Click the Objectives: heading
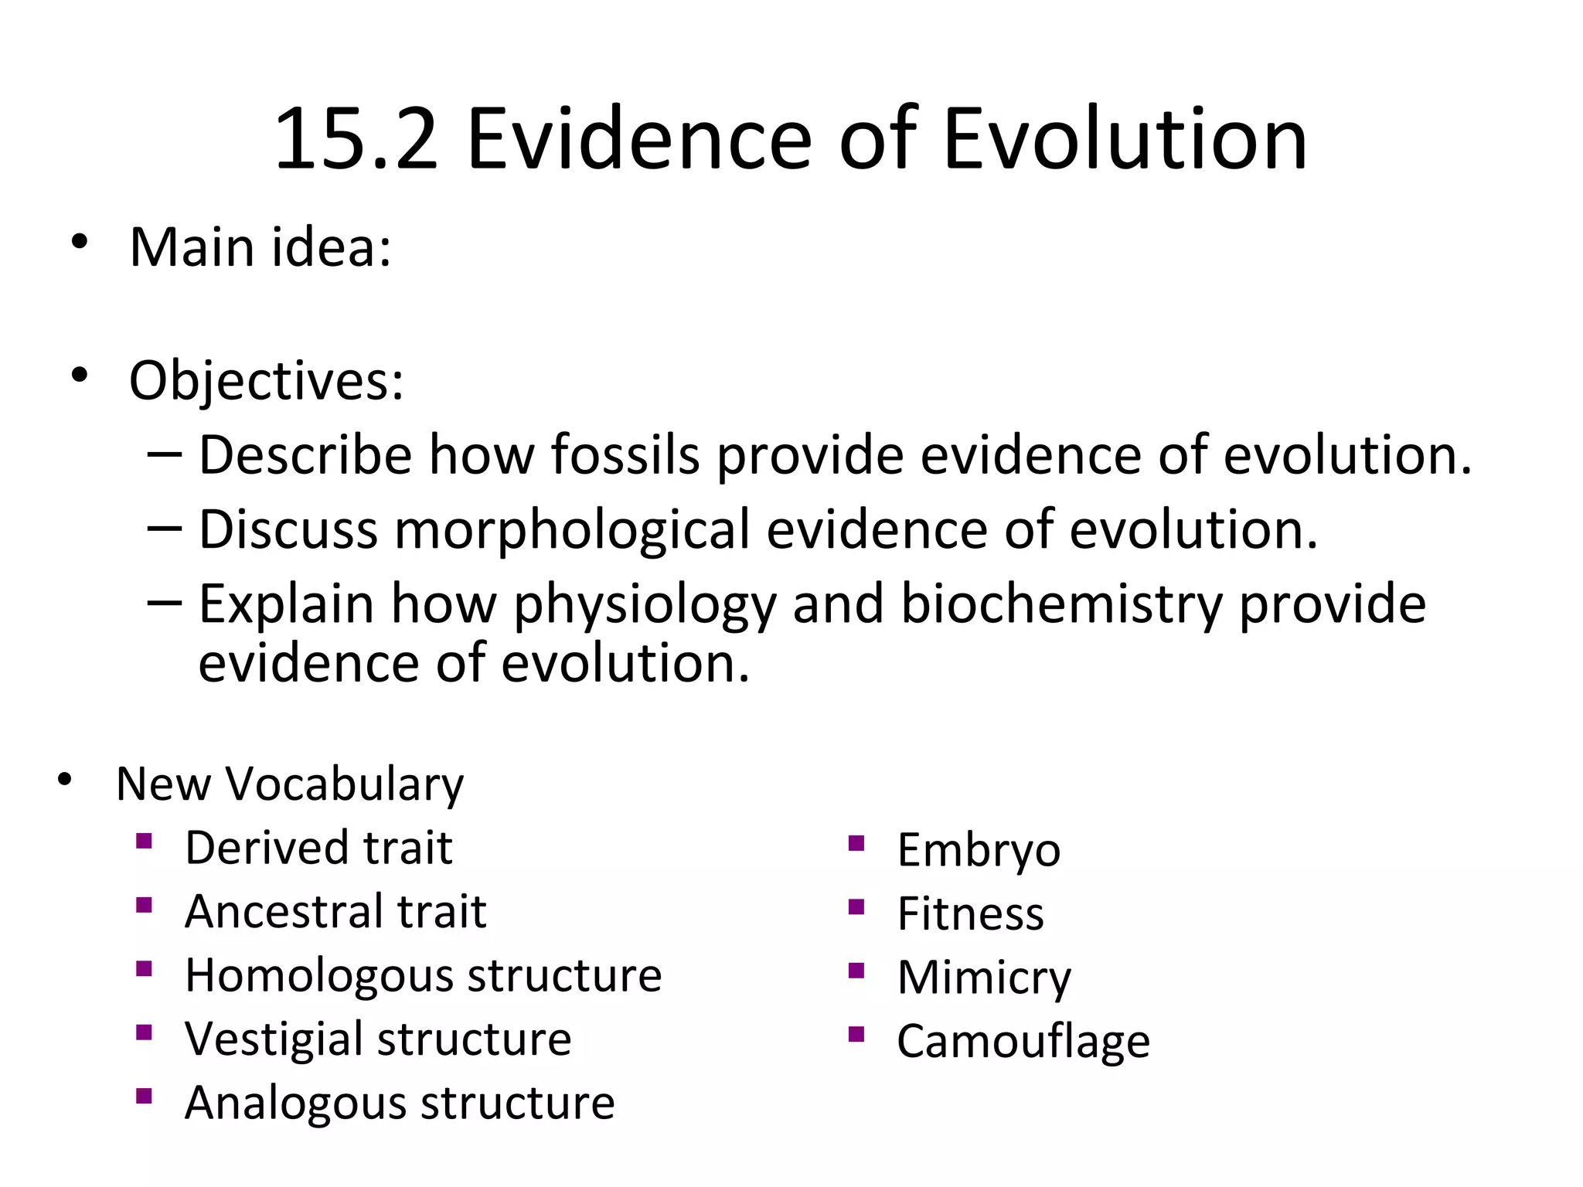266,381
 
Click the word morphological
572,530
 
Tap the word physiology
645,604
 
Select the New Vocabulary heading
290,784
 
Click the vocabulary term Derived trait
318,848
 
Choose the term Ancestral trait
335,911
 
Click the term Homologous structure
423,975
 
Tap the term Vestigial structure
378,1039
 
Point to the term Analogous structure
400,1102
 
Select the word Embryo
979,850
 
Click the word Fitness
970,913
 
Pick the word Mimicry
984,978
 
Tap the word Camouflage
1023,1041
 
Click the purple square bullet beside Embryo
855,843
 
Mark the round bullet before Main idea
78,243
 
